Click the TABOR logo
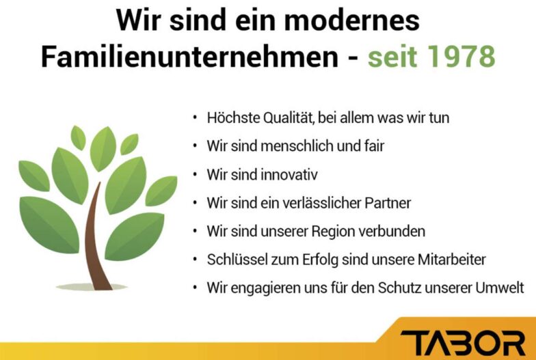pos(463,343)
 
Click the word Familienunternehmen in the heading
pos(190,56)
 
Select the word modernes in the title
pos(352,20)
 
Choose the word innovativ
pos(289,175)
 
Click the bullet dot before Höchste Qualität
pos(195,117)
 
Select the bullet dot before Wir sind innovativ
pos(195,175)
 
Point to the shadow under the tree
pos(92,287)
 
